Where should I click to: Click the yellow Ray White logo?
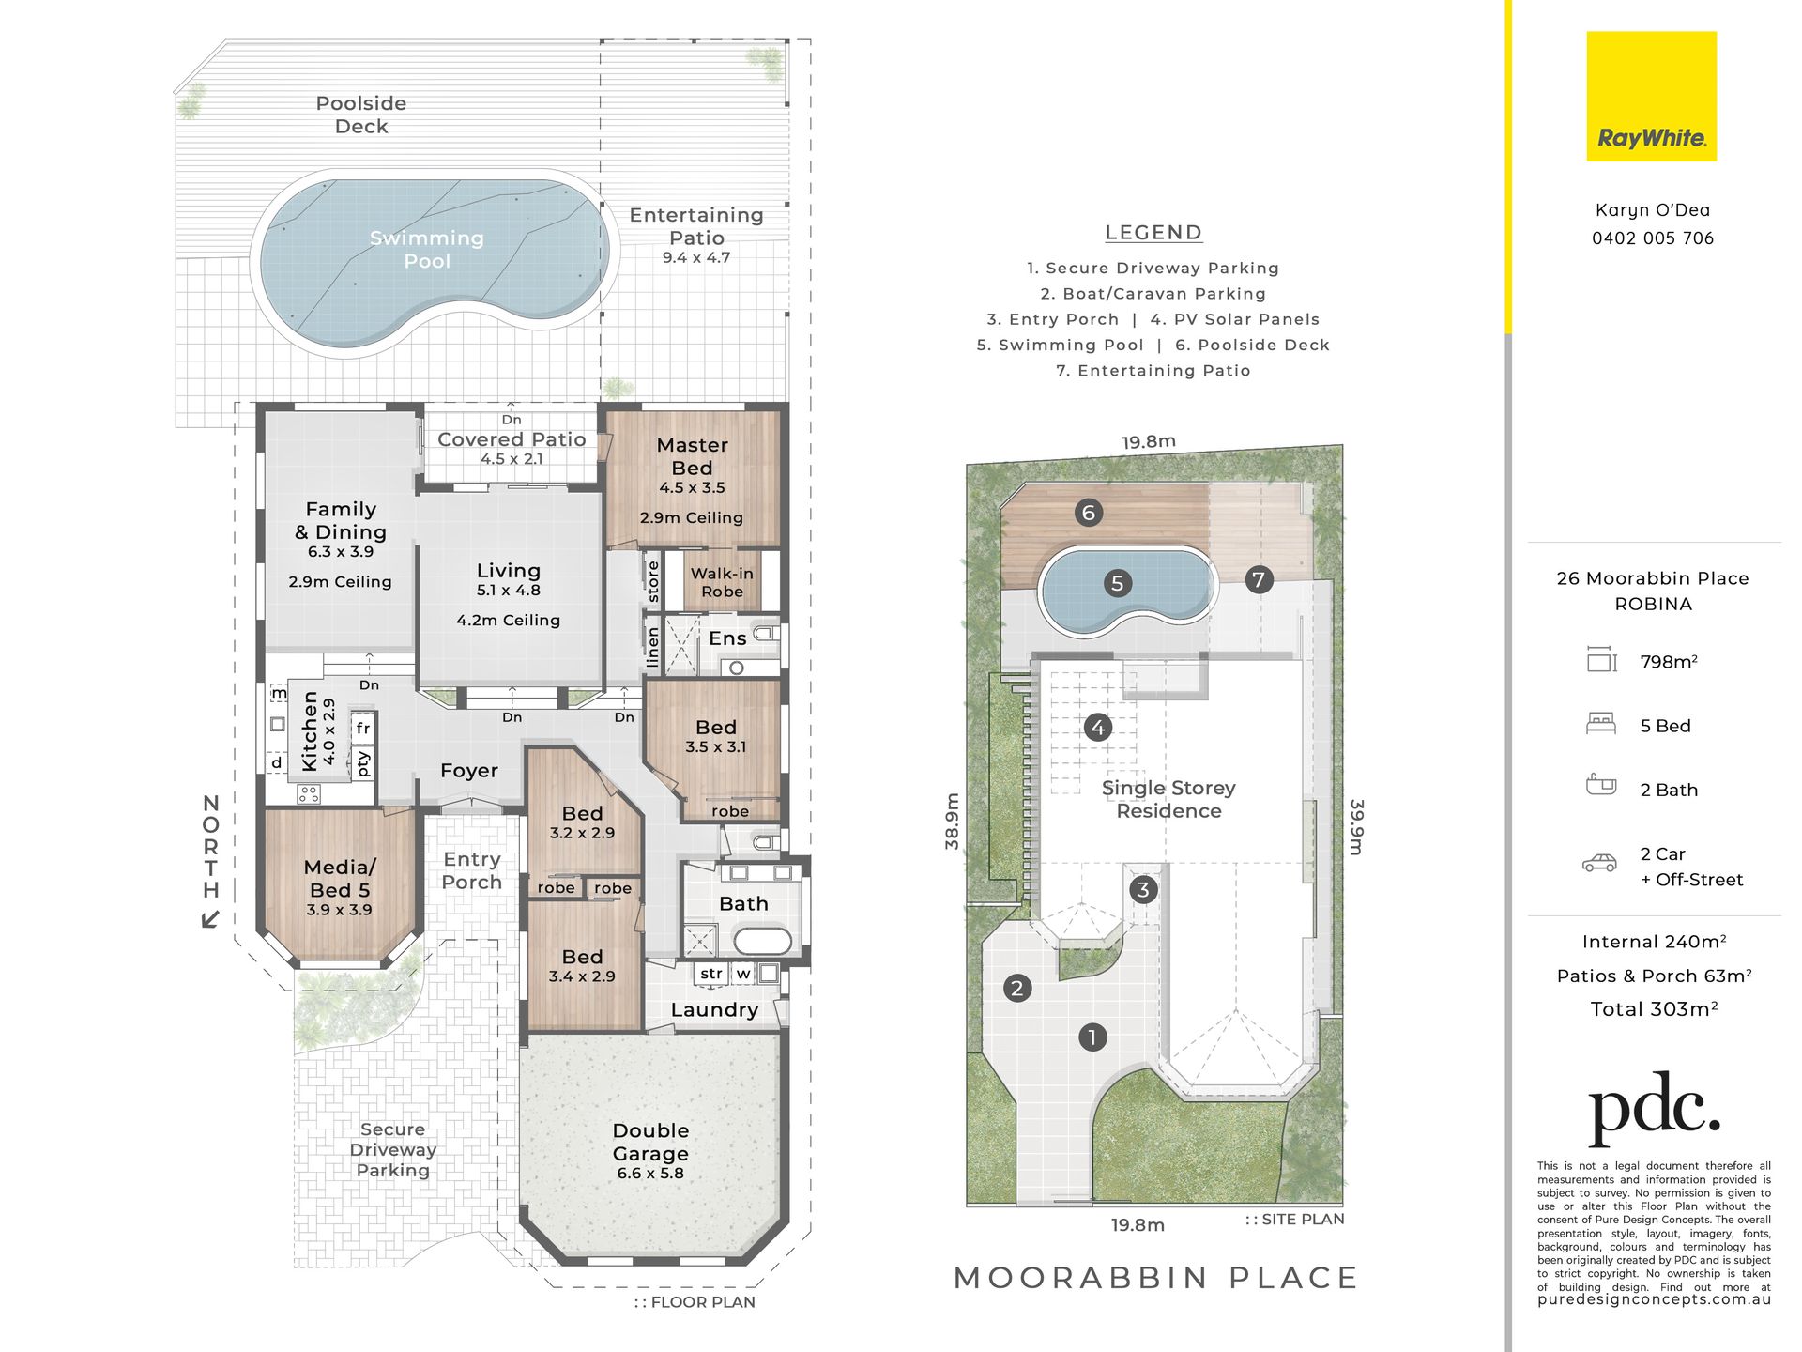(1651, 97)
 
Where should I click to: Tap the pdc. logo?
(1654, 1109)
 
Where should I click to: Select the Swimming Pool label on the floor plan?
(427, 250)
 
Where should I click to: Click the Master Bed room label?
(693, 456)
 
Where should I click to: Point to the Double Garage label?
(650, 1142)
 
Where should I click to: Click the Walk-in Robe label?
(722, 582)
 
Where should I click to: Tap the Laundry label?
(714, 1010)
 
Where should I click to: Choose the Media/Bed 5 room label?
(340, 879)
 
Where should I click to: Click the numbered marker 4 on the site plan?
(1097, 727)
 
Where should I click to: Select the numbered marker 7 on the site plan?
(1259, 579)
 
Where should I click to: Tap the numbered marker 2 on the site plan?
(1016, 988)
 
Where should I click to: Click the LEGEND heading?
(1153, 233)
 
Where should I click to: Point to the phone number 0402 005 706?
(1653, 238)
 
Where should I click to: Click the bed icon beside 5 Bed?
(1601, 724)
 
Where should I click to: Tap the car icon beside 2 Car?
(1600, 863)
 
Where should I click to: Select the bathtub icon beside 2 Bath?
(1601, 785)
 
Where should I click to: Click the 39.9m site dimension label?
(1356, 827)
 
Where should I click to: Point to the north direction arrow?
(211, 918)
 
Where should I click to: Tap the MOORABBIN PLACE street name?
(1155, 1278)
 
